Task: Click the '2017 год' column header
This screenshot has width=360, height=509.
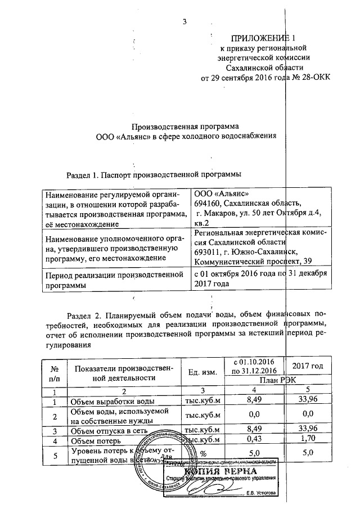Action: (308, 366)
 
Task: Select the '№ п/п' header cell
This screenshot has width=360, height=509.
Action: (55, 372)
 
